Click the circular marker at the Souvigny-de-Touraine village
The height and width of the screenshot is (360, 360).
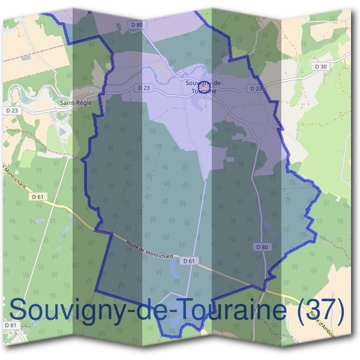coord(205,89)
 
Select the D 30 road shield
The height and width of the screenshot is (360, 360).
coord(320,66)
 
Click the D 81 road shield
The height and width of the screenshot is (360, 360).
coord(10,325)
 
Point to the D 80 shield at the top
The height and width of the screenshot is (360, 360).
coord(136,25)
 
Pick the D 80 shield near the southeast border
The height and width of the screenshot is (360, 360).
coord(261,247)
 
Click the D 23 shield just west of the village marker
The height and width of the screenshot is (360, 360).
coord(143,88)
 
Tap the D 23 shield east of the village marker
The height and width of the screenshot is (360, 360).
coord(256,88)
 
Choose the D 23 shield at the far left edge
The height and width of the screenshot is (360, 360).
coord(12,110)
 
